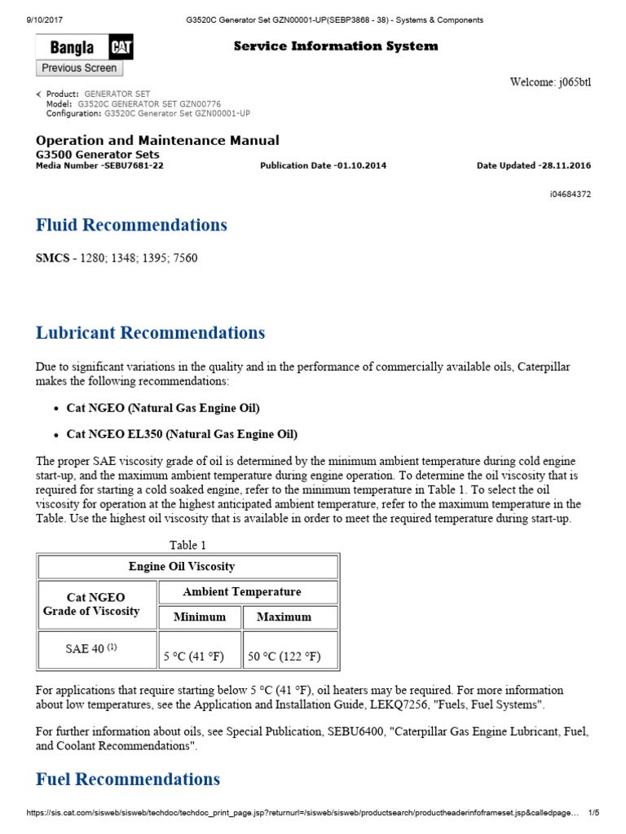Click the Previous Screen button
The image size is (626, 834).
pos(79,68)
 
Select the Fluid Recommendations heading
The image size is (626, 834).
pos(131,225)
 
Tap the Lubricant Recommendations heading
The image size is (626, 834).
pos(150,332)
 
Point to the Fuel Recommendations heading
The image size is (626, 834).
pos(128,779)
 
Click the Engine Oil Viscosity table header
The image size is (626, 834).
pos(187,567)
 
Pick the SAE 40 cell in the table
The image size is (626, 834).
pos(91,649)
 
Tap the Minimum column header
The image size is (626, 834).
pos(200,617)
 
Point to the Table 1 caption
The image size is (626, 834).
pos(187,545)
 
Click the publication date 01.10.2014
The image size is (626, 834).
pos(361,165)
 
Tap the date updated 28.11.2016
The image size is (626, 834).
pos(566,165)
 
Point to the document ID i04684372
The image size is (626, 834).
pos(571,194)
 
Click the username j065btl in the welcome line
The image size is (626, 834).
pos(574,81)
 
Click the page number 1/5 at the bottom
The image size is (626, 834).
pos(593,813)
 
